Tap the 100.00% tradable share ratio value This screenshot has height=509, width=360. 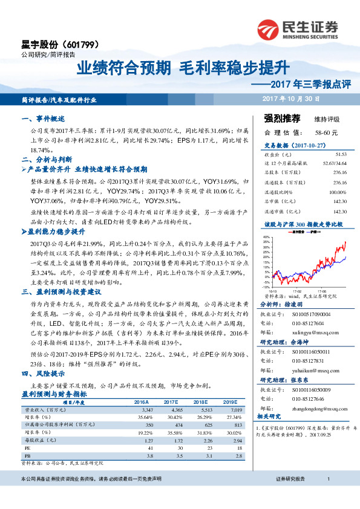338,192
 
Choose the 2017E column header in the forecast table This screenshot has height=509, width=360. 171,401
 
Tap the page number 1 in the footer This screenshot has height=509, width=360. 327,496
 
